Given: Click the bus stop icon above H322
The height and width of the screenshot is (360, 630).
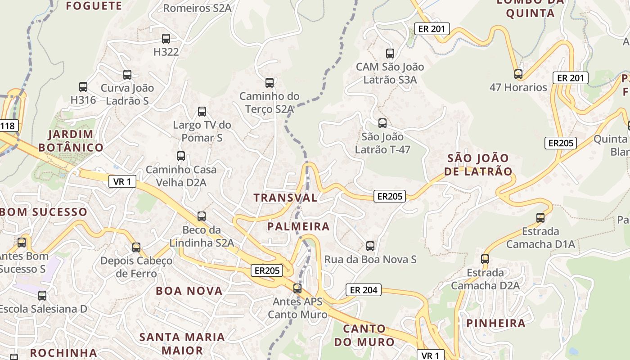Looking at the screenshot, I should [x=166, y=39].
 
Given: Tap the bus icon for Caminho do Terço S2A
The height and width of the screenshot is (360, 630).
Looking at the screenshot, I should [x=270, y=83].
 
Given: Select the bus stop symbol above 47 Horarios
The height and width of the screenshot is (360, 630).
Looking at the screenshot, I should [x=518, y=74].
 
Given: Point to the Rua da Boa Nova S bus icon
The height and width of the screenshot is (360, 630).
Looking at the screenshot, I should [x=370, y=246].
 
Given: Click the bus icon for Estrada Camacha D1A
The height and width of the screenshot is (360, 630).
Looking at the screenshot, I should [x=540, y=218].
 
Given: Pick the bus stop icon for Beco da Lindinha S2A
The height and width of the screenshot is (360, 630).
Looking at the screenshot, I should [x=202, y=216].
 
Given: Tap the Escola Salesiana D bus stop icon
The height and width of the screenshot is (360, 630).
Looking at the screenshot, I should [x=42, y=296].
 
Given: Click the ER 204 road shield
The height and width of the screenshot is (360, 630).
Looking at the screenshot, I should [x=364, y=290].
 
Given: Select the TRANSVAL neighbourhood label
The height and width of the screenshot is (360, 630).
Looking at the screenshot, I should [x=285, y=198].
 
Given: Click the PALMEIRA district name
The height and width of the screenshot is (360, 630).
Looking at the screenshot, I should [x=299, y=226].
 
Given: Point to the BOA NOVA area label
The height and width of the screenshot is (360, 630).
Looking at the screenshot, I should [x=189, y=291].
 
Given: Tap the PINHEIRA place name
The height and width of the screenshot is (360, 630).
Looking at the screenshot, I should [x=496, y=323].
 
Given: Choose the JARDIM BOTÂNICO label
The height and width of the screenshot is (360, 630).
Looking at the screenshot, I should [x=71, y=141].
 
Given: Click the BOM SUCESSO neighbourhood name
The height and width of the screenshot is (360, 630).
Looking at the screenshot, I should [x=44, y=211].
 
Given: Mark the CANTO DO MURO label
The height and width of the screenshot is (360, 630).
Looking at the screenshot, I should [x=364, y=335].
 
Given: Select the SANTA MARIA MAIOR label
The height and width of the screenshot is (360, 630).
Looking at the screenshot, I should [x=182, y=343].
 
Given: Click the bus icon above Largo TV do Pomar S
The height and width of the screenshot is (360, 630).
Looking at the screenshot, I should [x=202, y=112].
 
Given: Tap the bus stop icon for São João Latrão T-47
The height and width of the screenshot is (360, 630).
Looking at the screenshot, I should [x=382, y=123].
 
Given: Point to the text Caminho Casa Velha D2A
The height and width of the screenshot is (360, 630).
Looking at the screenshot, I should [x=181, y=176].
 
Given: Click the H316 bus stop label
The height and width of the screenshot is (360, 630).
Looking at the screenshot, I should [x=83, y=100].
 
